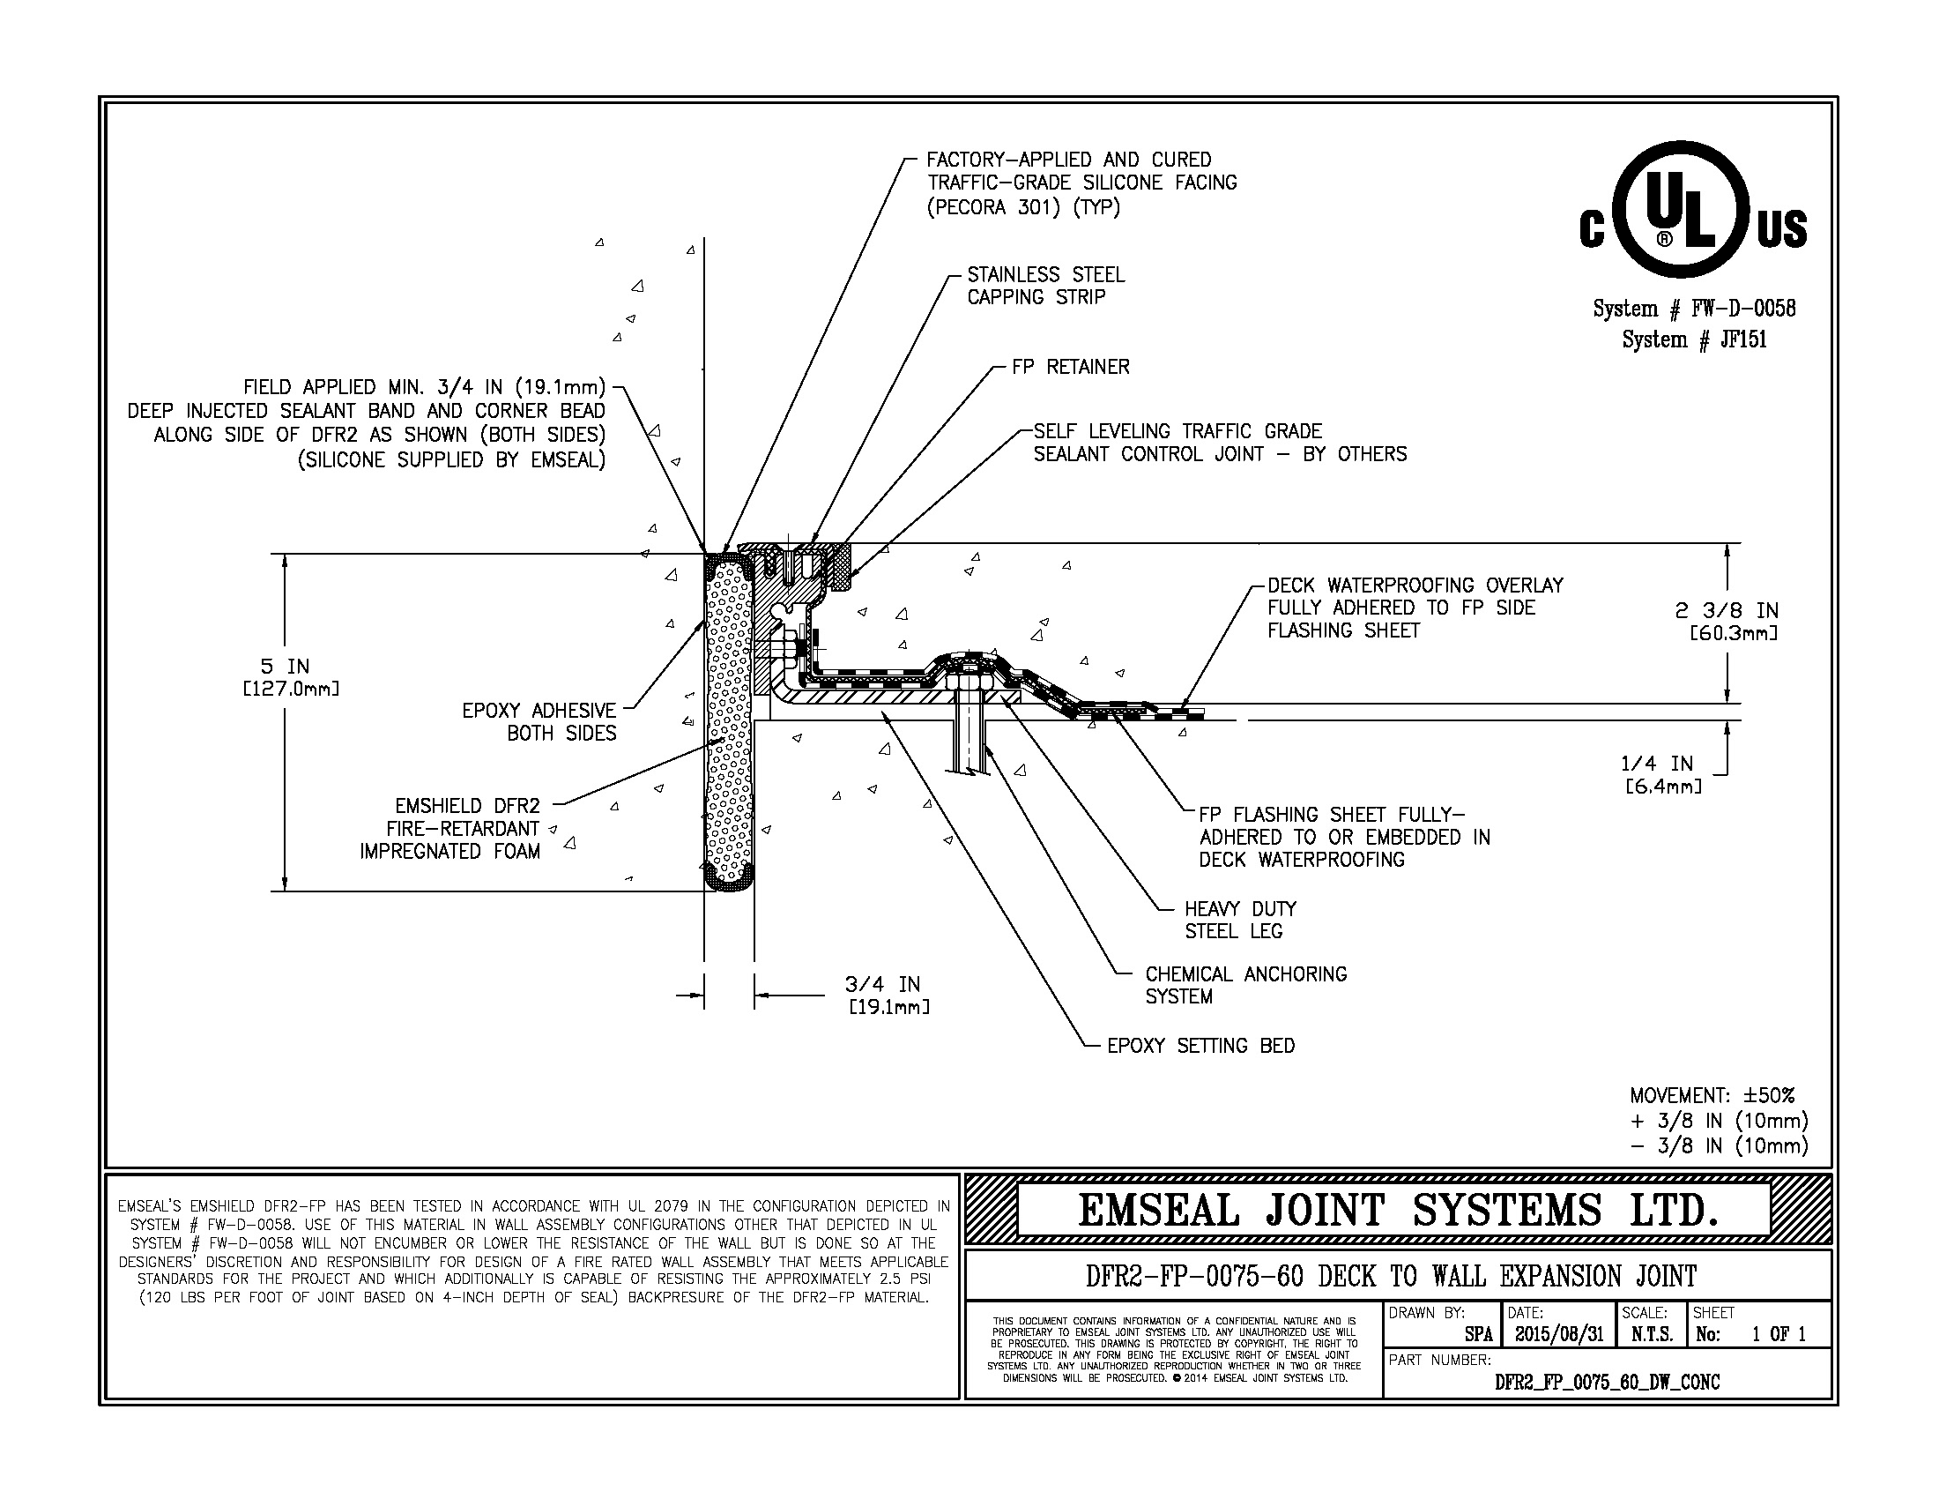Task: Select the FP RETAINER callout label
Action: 1071,367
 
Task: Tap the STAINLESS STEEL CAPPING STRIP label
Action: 1046,286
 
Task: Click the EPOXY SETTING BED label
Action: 1200,1046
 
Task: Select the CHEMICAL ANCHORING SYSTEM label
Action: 1245,985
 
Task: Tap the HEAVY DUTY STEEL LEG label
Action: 1240,920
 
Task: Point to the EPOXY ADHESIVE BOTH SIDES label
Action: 539,721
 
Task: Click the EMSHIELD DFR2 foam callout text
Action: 451,829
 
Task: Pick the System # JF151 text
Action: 1694,339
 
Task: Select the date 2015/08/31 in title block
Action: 1559,1335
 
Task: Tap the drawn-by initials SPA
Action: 1478,1335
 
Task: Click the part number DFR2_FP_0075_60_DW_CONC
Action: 1607,1382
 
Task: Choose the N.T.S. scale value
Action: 1653,1335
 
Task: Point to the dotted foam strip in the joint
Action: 729,720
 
